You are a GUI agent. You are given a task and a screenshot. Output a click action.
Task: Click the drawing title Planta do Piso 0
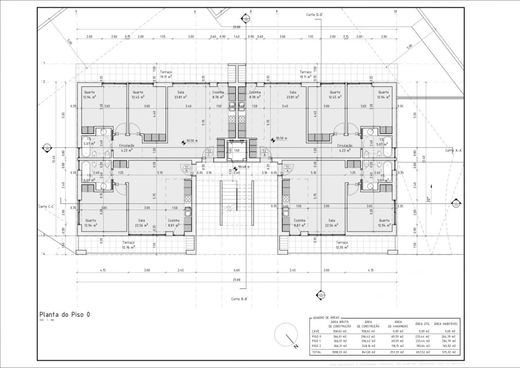(x=64, y=315)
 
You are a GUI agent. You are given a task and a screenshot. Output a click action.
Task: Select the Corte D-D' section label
(x=315, y=15)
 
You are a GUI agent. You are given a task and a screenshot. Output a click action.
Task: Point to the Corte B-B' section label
(x=240, y=299)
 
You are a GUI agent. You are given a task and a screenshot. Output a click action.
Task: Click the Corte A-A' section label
(x=453, y=150)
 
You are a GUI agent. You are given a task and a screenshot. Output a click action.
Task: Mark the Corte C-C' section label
(x=46, y=206)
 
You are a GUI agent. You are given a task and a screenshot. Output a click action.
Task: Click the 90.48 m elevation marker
(x=241, y=167)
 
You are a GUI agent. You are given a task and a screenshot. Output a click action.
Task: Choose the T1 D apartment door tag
(x=187, y=169)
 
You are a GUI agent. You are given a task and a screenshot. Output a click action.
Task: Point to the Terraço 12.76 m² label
(x=128, y=245)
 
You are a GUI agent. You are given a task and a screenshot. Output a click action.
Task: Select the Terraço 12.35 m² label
(x=342, y=245)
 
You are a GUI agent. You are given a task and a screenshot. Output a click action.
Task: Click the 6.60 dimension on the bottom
(x=237, y=270)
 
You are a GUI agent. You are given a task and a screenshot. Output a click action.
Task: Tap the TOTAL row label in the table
(x=317, y=352)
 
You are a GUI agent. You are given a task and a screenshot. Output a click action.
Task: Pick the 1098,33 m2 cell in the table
(x=339, y=352)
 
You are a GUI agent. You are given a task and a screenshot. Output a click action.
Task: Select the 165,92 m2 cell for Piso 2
(x=444, y=346)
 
